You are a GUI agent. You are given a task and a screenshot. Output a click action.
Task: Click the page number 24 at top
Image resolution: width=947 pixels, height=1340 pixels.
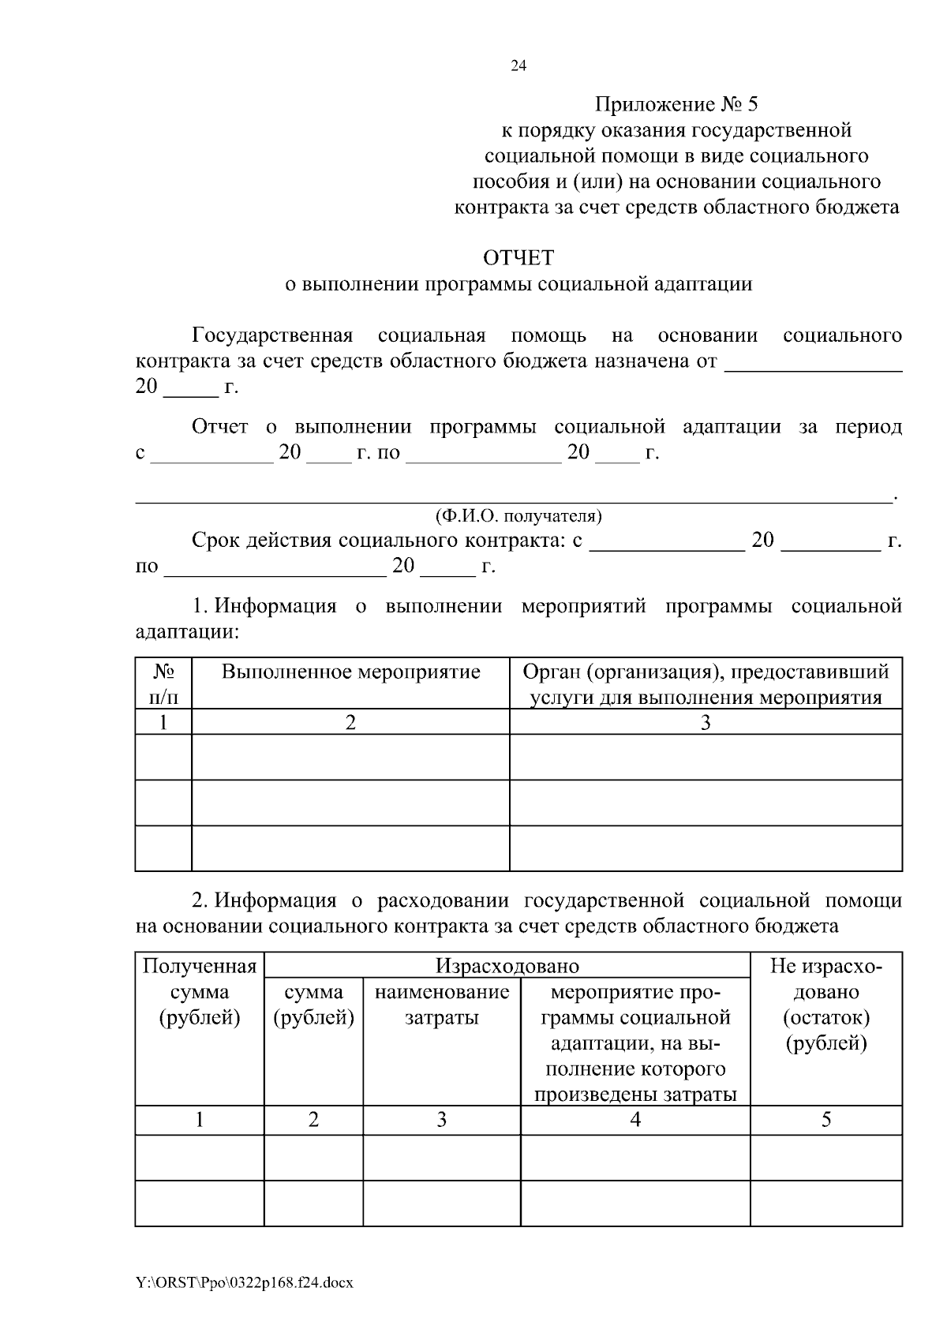pyautogui.click(x=518, y=66)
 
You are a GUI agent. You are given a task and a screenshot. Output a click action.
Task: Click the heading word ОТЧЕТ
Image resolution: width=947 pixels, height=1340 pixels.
pyautogui.click(x=518, y=258)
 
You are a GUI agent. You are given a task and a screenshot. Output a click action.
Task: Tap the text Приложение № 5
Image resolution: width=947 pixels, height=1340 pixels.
pyautogui.click(x=676, y=104)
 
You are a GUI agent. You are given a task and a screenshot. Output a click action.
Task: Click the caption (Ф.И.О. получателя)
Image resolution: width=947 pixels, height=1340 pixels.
pyautogui.click(x=518, y=516)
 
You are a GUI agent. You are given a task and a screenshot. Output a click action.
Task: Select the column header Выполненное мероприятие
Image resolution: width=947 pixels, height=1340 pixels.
pyautogui.click(x=350, y=672)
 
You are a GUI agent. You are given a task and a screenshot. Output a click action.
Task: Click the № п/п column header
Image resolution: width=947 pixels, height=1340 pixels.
pyautogui.click(x=163, y=684)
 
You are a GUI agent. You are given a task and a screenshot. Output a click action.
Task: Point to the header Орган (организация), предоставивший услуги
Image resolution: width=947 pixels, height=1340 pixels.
pyautogui.click(x=706, y=684)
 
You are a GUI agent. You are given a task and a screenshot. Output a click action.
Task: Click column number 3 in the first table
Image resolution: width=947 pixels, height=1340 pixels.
pyautogui.click(x=706, y=722)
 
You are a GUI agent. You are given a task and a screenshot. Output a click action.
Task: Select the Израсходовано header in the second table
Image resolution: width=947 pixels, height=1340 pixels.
pyautogui.click(x=507, y=966)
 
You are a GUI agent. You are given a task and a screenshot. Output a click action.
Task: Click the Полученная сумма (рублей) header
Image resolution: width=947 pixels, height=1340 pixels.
pyautogui.click(x=200, y=992)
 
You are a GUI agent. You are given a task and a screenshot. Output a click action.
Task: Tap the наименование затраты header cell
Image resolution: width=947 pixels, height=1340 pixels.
pyautogui.click(x=442, y=1004)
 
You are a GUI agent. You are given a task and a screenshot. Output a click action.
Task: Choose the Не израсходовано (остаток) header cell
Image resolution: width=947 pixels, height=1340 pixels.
pyautogui.click(x=825, y=1004)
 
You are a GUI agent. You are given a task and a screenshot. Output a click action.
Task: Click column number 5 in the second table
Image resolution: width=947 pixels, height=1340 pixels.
pyautogui.click(x=825, y=1119)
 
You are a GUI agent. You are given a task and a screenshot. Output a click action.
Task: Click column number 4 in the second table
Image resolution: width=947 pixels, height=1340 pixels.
pyautogui.click(x=635, y=1119)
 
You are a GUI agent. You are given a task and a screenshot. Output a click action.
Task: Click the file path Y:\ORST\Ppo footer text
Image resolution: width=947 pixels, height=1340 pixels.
pyautogui.click(x=244, y=1283)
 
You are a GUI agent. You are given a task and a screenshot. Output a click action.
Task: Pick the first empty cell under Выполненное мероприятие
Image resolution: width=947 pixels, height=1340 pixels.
pyautogui.click(x=350, y=757)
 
